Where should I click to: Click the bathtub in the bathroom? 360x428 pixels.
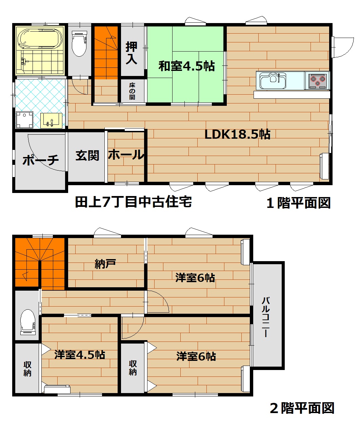tap(40, 39)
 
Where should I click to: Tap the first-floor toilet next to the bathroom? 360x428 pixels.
tap(79, 43)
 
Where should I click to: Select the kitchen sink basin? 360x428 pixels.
tap(273, 81)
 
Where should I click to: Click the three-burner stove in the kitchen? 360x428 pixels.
tap(317, 81)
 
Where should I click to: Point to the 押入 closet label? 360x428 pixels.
tap(131, 53)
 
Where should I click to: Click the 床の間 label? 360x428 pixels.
tap(132, 91)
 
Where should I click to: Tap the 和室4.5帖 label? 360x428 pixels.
tap(186, 66)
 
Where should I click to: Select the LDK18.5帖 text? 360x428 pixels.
tap(238, 134)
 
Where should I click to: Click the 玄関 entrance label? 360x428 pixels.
tap(87, 156)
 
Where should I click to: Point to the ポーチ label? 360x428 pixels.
tap(41, 160)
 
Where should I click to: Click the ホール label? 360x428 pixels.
tap(126, 155)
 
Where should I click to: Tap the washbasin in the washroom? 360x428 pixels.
tap(51, 120)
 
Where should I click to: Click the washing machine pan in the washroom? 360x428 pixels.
tap(24, 120)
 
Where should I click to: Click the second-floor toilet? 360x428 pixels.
tap(28, 322)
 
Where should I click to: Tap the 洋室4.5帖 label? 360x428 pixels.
tap(80, 355)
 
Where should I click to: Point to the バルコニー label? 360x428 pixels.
tap(266, 317)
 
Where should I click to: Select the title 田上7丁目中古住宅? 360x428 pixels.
tap(134, 202)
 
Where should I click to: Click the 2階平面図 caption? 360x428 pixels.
tap(302, 408)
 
